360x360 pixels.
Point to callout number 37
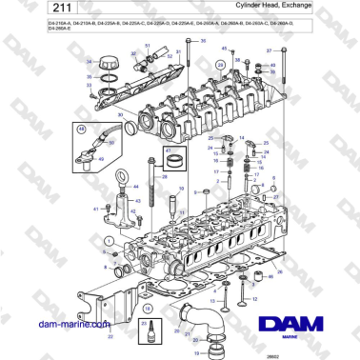[x=270, y=49]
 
